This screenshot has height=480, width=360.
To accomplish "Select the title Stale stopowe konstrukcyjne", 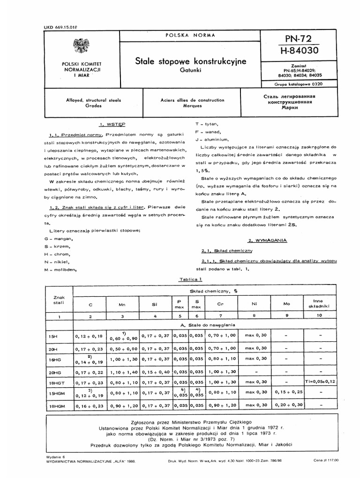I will coord(190,61).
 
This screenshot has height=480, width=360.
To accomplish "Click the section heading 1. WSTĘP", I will coord(112,125).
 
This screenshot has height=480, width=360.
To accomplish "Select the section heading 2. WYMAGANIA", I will coord(264,240).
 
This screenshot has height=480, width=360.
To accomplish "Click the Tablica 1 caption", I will coord(190,279).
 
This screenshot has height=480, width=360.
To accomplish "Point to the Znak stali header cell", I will coord(59,300).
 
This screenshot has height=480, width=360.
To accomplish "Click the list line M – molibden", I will coord(59,270).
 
